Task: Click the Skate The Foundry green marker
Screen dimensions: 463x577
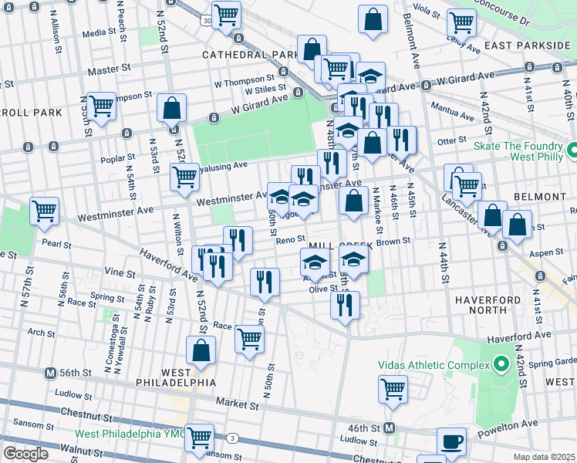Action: [572, 150]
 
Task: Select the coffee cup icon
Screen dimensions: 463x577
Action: [452, 442]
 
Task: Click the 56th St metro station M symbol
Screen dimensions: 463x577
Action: [51, 372]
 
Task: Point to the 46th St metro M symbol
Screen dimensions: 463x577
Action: [390, 428]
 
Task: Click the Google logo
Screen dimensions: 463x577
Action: [25, 454]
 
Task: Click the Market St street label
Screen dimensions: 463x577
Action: [237, 404]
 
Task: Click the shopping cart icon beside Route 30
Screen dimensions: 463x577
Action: [226, 15]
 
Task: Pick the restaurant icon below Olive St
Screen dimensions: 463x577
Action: [345, 304]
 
